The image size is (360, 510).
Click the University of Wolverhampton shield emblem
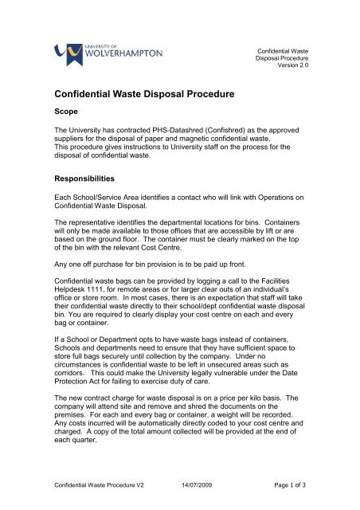[62, 53]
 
